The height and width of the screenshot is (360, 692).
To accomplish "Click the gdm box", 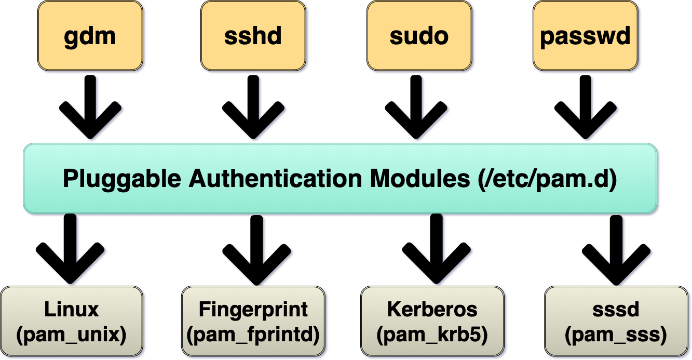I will pos(90,35).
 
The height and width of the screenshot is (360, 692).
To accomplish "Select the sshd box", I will pos(253,35).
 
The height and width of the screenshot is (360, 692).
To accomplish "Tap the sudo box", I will pos(419,35).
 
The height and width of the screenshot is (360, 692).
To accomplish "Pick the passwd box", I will pos(586,35).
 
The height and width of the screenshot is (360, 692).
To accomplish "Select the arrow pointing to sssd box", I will pos(616,249).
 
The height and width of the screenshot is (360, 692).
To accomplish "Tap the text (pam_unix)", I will pos(72,335).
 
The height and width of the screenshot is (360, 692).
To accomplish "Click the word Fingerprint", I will pos(253,310).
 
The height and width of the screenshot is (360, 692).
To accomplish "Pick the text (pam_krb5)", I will pos(432,335).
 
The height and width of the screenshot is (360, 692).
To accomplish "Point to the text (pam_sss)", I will pos(616,335).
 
